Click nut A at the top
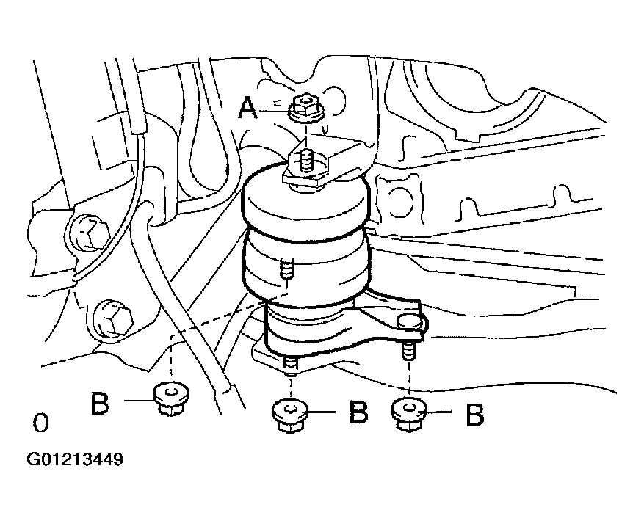click(x=307, y=108)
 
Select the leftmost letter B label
click(x=100, y=403)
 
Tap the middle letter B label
click(x=358, y=412)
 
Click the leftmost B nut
click(x=171, y=398)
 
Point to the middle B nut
click(x=290, y=415)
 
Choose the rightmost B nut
click(x=409, y=415)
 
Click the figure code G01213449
click(x=75, y=459)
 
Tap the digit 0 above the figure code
click(x=40, y=423)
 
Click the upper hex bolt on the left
click(x=90, y=231)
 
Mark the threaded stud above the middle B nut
click(x=290, y=364)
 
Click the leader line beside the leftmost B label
click(x=139, y=400)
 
